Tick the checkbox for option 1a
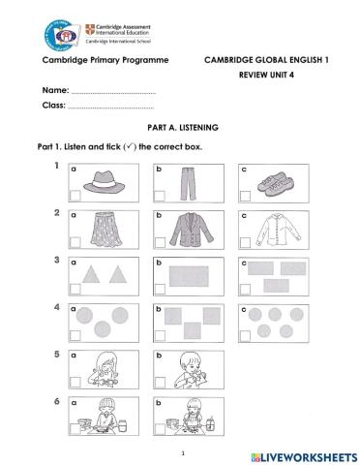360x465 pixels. coord(74,194)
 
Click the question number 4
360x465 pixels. coord(57,307)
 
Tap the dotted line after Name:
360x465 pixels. coord(114,92)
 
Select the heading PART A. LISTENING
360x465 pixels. coord(182,127)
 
